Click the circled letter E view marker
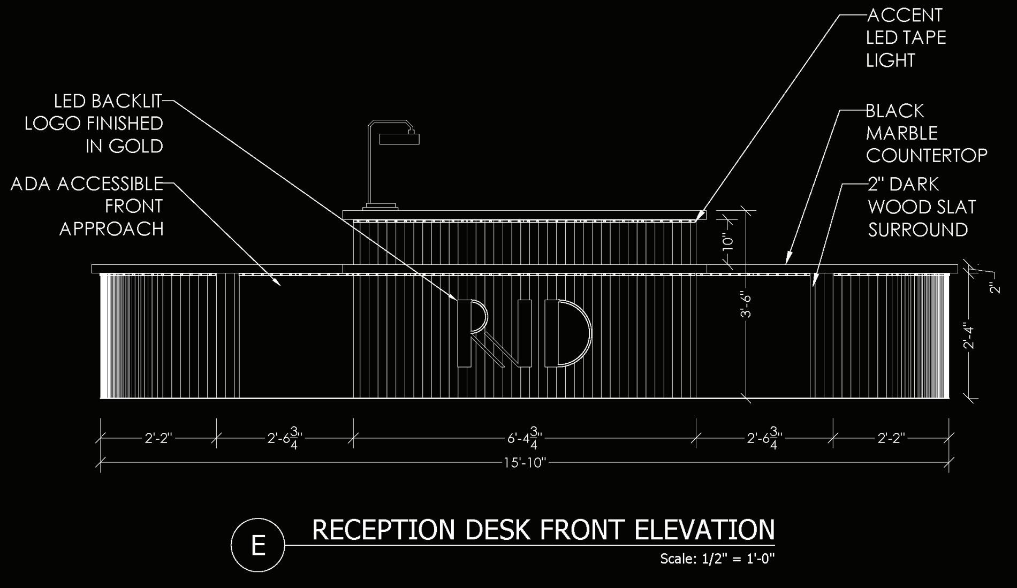pyautogui.click(x=257, y=545)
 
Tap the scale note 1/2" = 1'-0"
pyautogui.click(x=738, y=559)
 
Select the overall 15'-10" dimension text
pyautogui.click(x=524, y=463)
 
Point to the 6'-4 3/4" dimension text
pyautogui.click(x=525, y=438)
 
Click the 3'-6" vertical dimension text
pyautogui.click(x=746, y=305)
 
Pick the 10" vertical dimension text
pyautogui.click(x=727, y=242)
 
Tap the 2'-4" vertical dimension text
pyautogui.click(x=969, y=335)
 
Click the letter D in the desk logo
pyautogui.click(x=567, y=334)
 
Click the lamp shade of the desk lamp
pyautogui.click(x=399, y=139)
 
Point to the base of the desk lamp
pyautogui.click(x=381, y=207)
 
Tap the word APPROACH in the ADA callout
pyautogui.click(x=111, y=229)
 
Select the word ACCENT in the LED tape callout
pyautogui.click(x=904, y=16)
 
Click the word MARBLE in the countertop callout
pyautogui.click(x=902, y=133)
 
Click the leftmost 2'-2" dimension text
pyautogui.click(x=158, y=438)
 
